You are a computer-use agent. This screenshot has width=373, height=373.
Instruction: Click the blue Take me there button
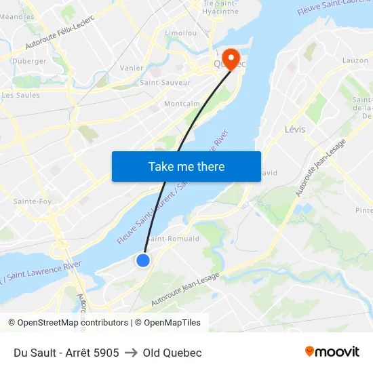pos(186,166)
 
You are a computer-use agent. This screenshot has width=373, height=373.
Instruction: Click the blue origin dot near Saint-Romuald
pos(143,260)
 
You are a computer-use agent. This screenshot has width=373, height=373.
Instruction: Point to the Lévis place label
pos(295,129)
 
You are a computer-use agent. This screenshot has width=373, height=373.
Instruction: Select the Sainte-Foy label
pos(33,201)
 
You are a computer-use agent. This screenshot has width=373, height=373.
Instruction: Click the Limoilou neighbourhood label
pos(180,33)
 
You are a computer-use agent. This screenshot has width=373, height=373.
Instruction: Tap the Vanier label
pos(132,68)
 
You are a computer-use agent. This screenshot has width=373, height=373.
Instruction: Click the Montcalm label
pos(182,104)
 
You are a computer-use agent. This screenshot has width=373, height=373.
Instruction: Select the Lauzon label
pos(355,60)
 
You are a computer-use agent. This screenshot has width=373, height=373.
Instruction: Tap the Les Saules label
pos(21,95)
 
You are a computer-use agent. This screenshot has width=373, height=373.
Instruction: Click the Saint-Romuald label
pos(173,239)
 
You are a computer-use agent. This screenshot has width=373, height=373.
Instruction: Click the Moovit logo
pos(332,352)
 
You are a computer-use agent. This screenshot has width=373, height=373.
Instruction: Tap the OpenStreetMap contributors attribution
pos(73,323)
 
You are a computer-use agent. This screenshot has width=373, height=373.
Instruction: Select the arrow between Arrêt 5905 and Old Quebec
pos(131,353)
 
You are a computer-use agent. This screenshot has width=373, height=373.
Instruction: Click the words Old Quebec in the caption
pos(172,353)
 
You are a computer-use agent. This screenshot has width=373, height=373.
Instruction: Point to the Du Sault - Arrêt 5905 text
pos(66,353)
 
